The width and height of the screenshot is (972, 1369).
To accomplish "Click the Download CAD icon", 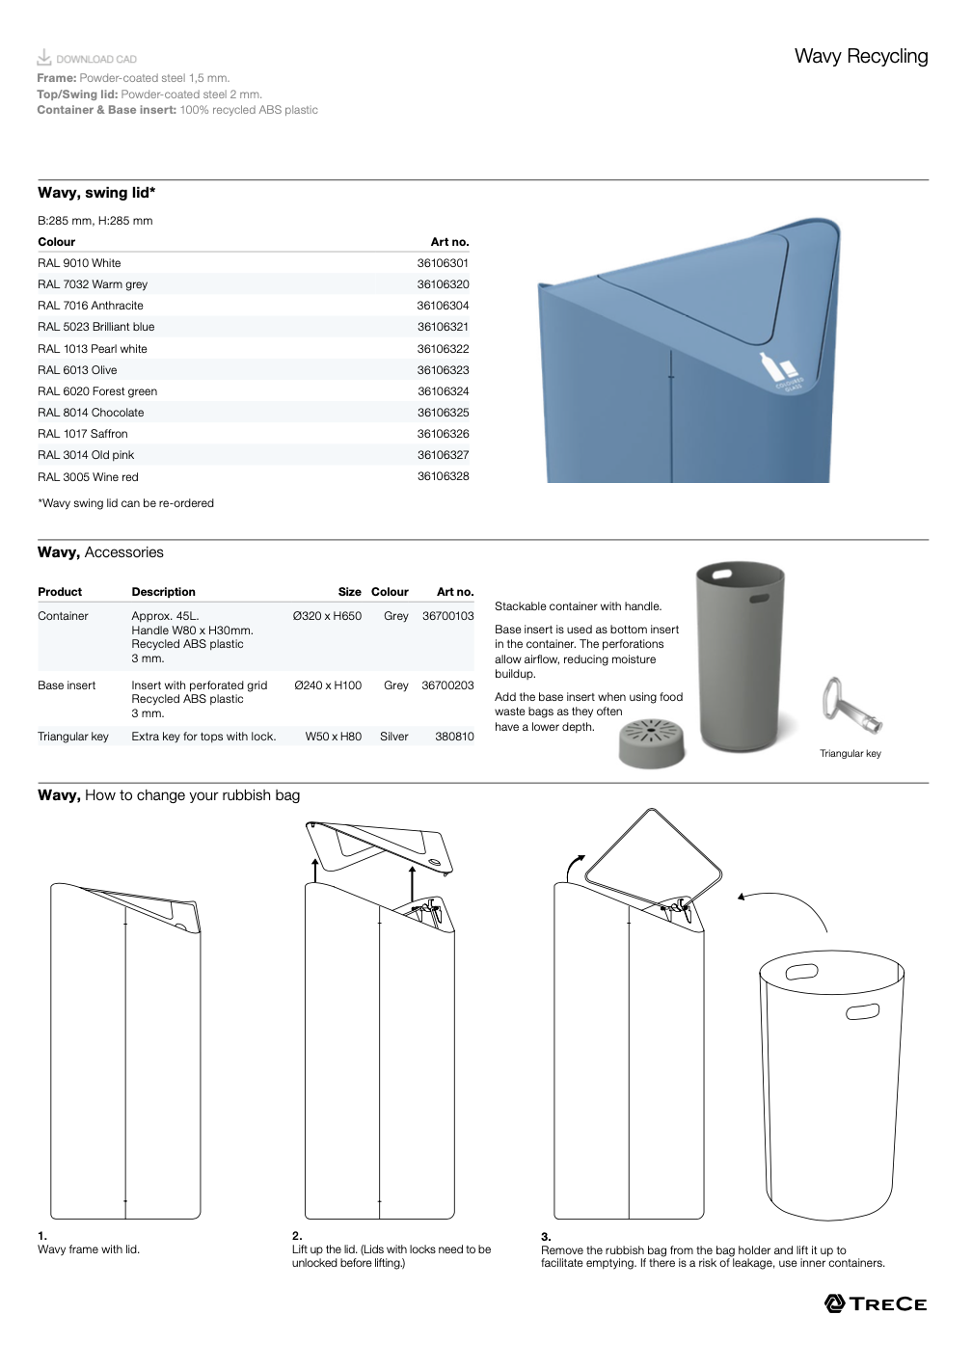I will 44,57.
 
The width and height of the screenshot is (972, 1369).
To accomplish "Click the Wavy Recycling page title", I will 860,57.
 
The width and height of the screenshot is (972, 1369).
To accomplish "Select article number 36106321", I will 443,327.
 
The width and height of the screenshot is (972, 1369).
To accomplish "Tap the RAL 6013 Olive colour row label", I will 77,370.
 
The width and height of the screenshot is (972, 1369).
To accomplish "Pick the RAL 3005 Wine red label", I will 88,477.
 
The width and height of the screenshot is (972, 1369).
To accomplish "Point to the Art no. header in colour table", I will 449,242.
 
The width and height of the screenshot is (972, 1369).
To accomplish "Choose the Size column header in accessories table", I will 349,592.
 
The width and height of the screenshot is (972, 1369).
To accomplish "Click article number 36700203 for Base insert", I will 447,685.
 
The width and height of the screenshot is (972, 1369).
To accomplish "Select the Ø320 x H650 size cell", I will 327,616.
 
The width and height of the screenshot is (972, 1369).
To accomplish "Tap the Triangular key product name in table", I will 73,737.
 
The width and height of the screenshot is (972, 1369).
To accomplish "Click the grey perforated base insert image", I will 652,743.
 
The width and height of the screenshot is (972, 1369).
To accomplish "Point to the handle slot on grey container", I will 759,599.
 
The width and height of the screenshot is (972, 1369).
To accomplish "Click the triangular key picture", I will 848,706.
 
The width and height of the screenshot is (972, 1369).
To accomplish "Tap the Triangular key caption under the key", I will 850,754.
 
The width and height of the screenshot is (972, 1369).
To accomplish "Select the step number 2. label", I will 297,1236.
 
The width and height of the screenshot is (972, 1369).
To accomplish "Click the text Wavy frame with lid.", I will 89,1249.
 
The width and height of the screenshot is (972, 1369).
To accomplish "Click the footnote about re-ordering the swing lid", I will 125,503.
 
